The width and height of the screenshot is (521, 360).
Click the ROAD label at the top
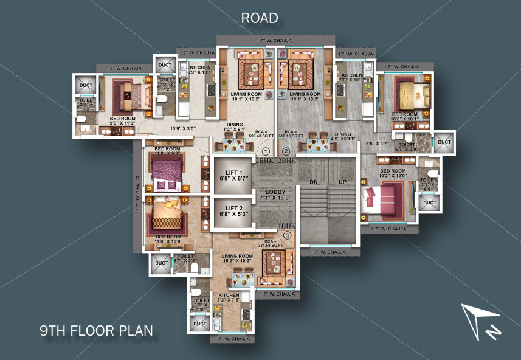pyautogui.click(x=260, y=18)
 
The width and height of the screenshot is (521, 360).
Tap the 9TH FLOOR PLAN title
pyautogui.click(x=96, y=331)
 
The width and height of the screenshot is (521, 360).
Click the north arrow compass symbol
pyautogui.click(x=480, y=320)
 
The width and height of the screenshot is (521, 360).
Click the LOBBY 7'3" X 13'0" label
pyautogui.click(x=275, y=195)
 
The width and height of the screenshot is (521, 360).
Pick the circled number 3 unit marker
pyautogui.click(x=286, y=235)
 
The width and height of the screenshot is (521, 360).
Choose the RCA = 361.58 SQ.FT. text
pyautogui.click(x=266, y=243)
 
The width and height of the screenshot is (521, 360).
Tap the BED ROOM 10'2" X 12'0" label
pyautogui.click(x=393, y=174)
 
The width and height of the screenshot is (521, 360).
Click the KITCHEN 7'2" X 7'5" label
pyautogui.click(x=229, y=297)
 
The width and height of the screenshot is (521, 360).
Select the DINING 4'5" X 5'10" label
pyautogui.click(x=343, y=136)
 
